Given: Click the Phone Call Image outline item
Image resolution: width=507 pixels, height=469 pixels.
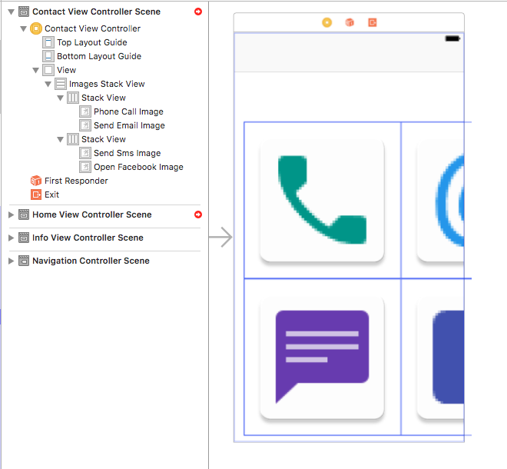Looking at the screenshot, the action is tap(128, 111).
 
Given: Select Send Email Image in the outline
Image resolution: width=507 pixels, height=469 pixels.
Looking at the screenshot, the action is tap(128, 125).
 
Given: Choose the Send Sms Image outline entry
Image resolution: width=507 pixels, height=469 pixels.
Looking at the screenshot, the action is tap(127, 153).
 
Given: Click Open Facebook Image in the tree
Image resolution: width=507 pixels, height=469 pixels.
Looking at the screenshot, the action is tap(138, 167).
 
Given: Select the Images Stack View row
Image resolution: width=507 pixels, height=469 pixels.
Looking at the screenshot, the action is tap(106, 84).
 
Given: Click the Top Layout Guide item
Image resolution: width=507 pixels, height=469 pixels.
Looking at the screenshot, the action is tap(91, 42).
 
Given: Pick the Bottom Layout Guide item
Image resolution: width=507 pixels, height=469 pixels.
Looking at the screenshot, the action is tap(98, 56).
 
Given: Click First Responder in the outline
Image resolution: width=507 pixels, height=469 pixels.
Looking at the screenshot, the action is tap(75, 181).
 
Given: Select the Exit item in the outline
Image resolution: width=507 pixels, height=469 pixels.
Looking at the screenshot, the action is tap(51, 195).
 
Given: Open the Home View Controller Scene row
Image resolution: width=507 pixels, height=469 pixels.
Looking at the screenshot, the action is tap(91, 215).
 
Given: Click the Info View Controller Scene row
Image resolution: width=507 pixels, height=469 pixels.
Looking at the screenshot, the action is tap(87, 238).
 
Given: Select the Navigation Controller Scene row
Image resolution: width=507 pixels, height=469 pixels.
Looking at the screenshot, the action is tap(90, 261).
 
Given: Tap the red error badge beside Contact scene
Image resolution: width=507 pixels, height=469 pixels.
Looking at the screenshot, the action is tap(198, 12).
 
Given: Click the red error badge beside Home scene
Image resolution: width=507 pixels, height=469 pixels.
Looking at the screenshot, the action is tap(198, 215).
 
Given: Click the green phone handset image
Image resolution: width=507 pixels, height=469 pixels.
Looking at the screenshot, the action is tap(320, 199).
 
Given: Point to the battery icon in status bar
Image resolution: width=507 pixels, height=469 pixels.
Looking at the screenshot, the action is tap(452, 38).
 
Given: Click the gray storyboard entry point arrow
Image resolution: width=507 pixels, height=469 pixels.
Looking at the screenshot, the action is tap(220, 238).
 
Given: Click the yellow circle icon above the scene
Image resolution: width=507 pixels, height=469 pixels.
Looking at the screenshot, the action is tap(326, 23).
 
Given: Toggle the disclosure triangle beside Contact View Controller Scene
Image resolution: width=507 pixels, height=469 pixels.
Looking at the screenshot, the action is tap(10, 12).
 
